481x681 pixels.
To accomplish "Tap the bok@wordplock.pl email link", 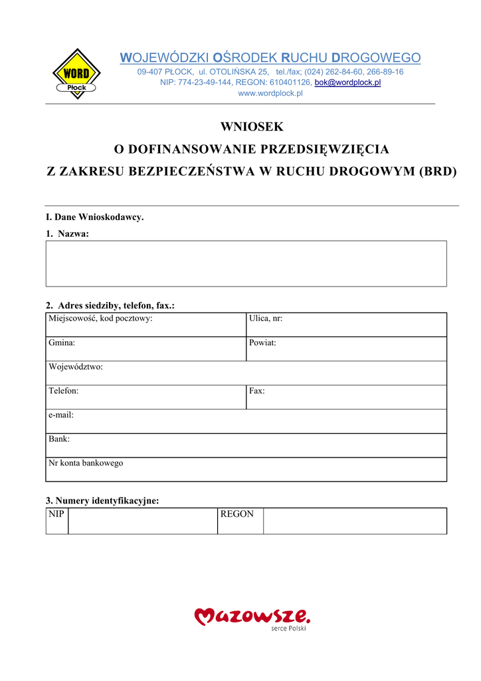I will pyautogui.click(x=347, y=82).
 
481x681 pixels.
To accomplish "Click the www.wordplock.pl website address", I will pyautogui.click(x=270, y=93).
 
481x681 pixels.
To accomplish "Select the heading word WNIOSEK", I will pyautogui.click(x=252, y=126).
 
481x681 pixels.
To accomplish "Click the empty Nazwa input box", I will pyautogui.click(x=246, y=263).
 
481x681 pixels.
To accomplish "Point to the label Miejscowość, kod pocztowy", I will pyautogui.click(x=100, y=319).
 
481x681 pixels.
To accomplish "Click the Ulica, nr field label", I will pyautogui.click(x=266, y=319).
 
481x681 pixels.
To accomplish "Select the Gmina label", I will pyautogui.click(x=62, y=343).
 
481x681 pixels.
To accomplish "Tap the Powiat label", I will pyautogui.click(x=262, y=343).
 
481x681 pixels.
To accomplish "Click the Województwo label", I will pyautogui.click(x=76, y=367).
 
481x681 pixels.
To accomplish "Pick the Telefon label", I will pyautogui.click(x=64, y=391).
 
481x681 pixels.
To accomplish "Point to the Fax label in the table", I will pyautogui.click(x=257, y=391).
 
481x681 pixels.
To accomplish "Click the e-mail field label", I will pyautogui.click(x=61, y=415).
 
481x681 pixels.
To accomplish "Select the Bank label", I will pyautogui.click(x=59, y=439).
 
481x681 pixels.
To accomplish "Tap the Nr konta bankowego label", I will pyautogui.click(x=86, y=463).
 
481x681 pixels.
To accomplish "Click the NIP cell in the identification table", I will pyautogui.click(x=56, y=514).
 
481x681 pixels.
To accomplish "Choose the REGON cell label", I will pyautogui.click(x=237, y=514).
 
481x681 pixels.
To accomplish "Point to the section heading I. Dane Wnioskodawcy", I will pyautogui.click(x=94, y=217).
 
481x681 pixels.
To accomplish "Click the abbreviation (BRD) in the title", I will pyautogui.click(x=438, y=171).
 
